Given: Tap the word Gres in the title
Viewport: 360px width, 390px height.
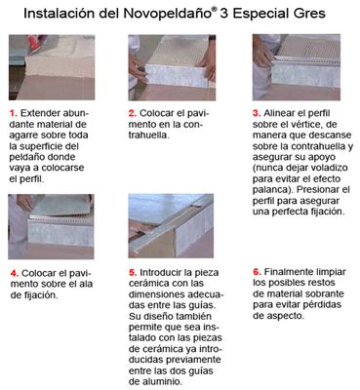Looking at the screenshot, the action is tap(310, 14).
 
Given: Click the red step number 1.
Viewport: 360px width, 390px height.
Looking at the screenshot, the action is tap(13, 113).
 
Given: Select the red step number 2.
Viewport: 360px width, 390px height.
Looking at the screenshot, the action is tap(132, 113).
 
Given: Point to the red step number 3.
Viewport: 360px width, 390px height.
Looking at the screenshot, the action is tap(257, 113).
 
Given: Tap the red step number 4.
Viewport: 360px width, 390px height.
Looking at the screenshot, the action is tap(15, 273).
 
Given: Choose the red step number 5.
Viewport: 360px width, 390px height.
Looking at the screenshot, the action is tap(133, 272).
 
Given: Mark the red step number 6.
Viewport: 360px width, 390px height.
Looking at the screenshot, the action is tap(258, 272).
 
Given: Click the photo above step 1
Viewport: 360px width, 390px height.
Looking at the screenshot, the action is tap(52, 67).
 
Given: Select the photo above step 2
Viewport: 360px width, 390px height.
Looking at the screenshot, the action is tap(172, 67).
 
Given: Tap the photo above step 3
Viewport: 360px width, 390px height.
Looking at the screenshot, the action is tap(297, 67).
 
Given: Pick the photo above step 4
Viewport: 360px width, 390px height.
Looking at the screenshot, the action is tap(51, 226).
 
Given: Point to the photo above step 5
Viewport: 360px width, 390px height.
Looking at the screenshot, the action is tap(171, 226).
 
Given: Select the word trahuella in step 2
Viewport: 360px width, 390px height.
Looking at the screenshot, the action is tap(149, 136).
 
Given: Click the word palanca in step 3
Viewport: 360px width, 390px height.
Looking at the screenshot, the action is tap(270, 190).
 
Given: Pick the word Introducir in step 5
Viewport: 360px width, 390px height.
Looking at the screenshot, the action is tap(160, 272).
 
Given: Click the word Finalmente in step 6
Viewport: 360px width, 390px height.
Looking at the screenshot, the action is tap(284, 272).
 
